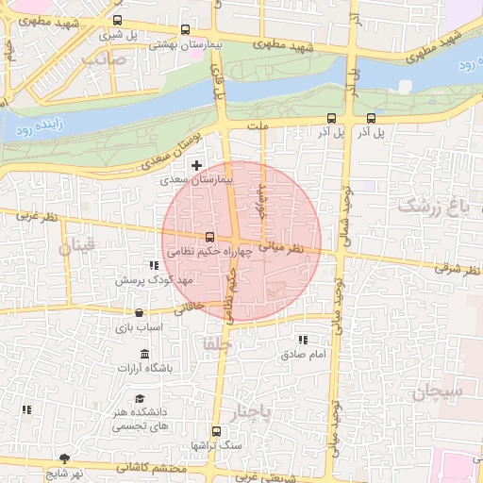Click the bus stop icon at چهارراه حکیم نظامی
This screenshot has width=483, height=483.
pyautogui.click(x=209, y=238)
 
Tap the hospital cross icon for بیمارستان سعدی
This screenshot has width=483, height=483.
pyautogui.click(x=196, y=165)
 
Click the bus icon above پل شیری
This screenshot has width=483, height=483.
pyautogui.click(x=117, y=21)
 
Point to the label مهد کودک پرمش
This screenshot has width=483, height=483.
pyautogui.click(x=154, y=281)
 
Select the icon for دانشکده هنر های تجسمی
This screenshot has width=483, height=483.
pyautogui.click(x=140, y=399)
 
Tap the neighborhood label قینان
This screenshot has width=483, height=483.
pyautogui.click(x=79, y=249)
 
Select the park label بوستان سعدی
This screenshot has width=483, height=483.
pyautogui.click(x=180, y=152)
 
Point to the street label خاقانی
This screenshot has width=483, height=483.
pyautogui.click(x=190, y=308)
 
